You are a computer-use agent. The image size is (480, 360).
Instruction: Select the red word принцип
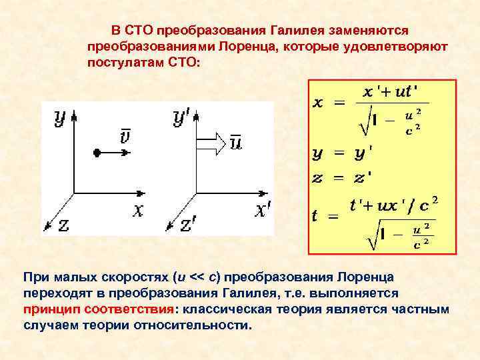(47, 309)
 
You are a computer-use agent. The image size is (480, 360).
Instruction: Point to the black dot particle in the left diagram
(97, 153)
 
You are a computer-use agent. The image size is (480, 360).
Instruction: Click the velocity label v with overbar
(125, 137)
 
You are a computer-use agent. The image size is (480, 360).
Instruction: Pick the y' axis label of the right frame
(181, 117)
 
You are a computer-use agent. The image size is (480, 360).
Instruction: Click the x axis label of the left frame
(137, 211)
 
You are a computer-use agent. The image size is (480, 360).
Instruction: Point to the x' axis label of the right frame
(263, 211)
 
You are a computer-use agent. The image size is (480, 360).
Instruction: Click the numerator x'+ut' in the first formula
(394, 91)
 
